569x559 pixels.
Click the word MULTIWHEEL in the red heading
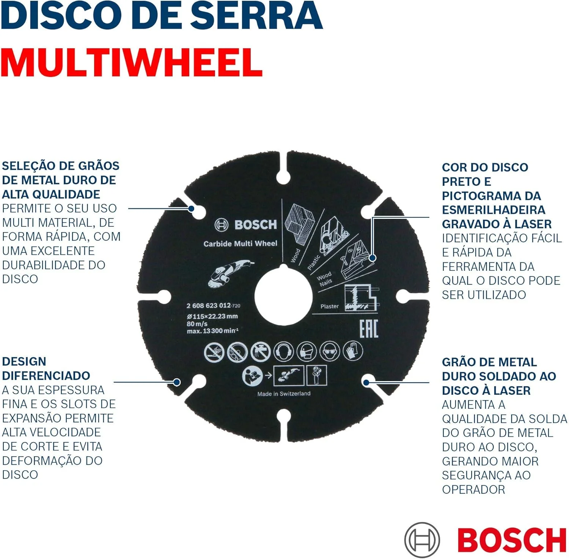click(x=132, y=63)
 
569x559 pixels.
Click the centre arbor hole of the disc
click(x=283, y=296)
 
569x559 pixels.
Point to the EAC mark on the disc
click(x=369, y=329)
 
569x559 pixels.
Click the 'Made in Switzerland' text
click(x=284, y=394)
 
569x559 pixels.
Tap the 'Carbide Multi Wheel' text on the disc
click(x=240, y=243)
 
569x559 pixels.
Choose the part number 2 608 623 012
click(x=209, y=306)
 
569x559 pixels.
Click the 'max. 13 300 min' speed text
click(x=213, y=331)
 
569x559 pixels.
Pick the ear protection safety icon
click(x=283, y=352)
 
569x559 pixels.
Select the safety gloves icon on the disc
click(x=353, y=350)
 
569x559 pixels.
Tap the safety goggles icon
click(x=330, y=351)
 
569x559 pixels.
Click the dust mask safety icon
click(x=307, y=352)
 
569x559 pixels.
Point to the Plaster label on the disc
click(x=329, y=306)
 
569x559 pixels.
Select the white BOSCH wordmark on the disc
click(x=256, y=225)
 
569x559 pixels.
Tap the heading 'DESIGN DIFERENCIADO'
click(x=46, y=368)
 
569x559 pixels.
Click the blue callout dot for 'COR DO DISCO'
click(x=372, y=258)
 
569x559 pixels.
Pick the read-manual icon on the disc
click(x=252, y=376)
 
